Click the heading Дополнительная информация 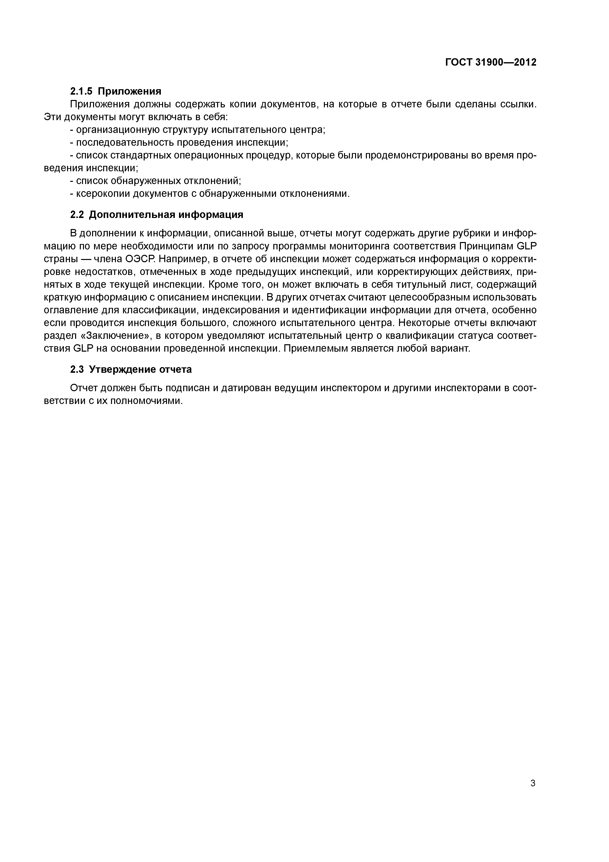pos(166,215)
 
